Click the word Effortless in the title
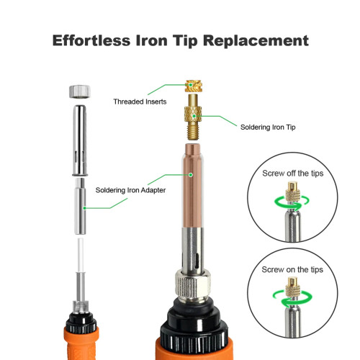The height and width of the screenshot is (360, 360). (x=91, y=40)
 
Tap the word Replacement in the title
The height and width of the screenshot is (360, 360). (x=256, y=41)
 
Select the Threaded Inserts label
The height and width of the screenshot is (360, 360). (x=140, y=102)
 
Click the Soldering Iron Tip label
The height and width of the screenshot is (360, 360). (x=268, y=127)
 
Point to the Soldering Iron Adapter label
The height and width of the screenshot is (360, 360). (x=130, y=190)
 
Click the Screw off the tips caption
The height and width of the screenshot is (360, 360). (x=292, y=174)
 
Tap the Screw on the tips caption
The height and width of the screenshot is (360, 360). (x=292, y=269)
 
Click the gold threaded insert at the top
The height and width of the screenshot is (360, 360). (x=194, y=86)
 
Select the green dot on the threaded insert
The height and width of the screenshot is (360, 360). (x=190, y=85)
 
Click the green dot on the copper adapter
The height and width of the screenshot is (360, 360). (x=191, y=175)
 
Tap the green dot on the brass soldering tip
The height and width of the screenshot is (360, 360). (x=194, y=116)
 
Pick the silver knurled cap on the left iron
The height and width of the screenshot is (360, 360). (x=80, y=91)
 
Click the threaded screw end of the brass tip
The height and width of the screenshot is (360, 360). (x=194, y=131)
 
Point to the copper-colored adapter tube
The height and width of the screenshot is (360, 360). (x=192, y=186)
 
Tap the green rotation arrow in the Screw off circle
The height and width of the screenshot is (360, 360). (x=292, y=203)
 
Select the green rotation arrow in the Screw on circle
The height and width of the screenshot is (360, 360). (x=292, y=299)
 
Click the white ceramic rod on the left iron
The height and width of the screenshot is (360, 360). (x=81, y=255)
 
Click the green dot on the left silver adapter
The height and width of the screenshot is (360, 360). (x=84, y=208)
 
